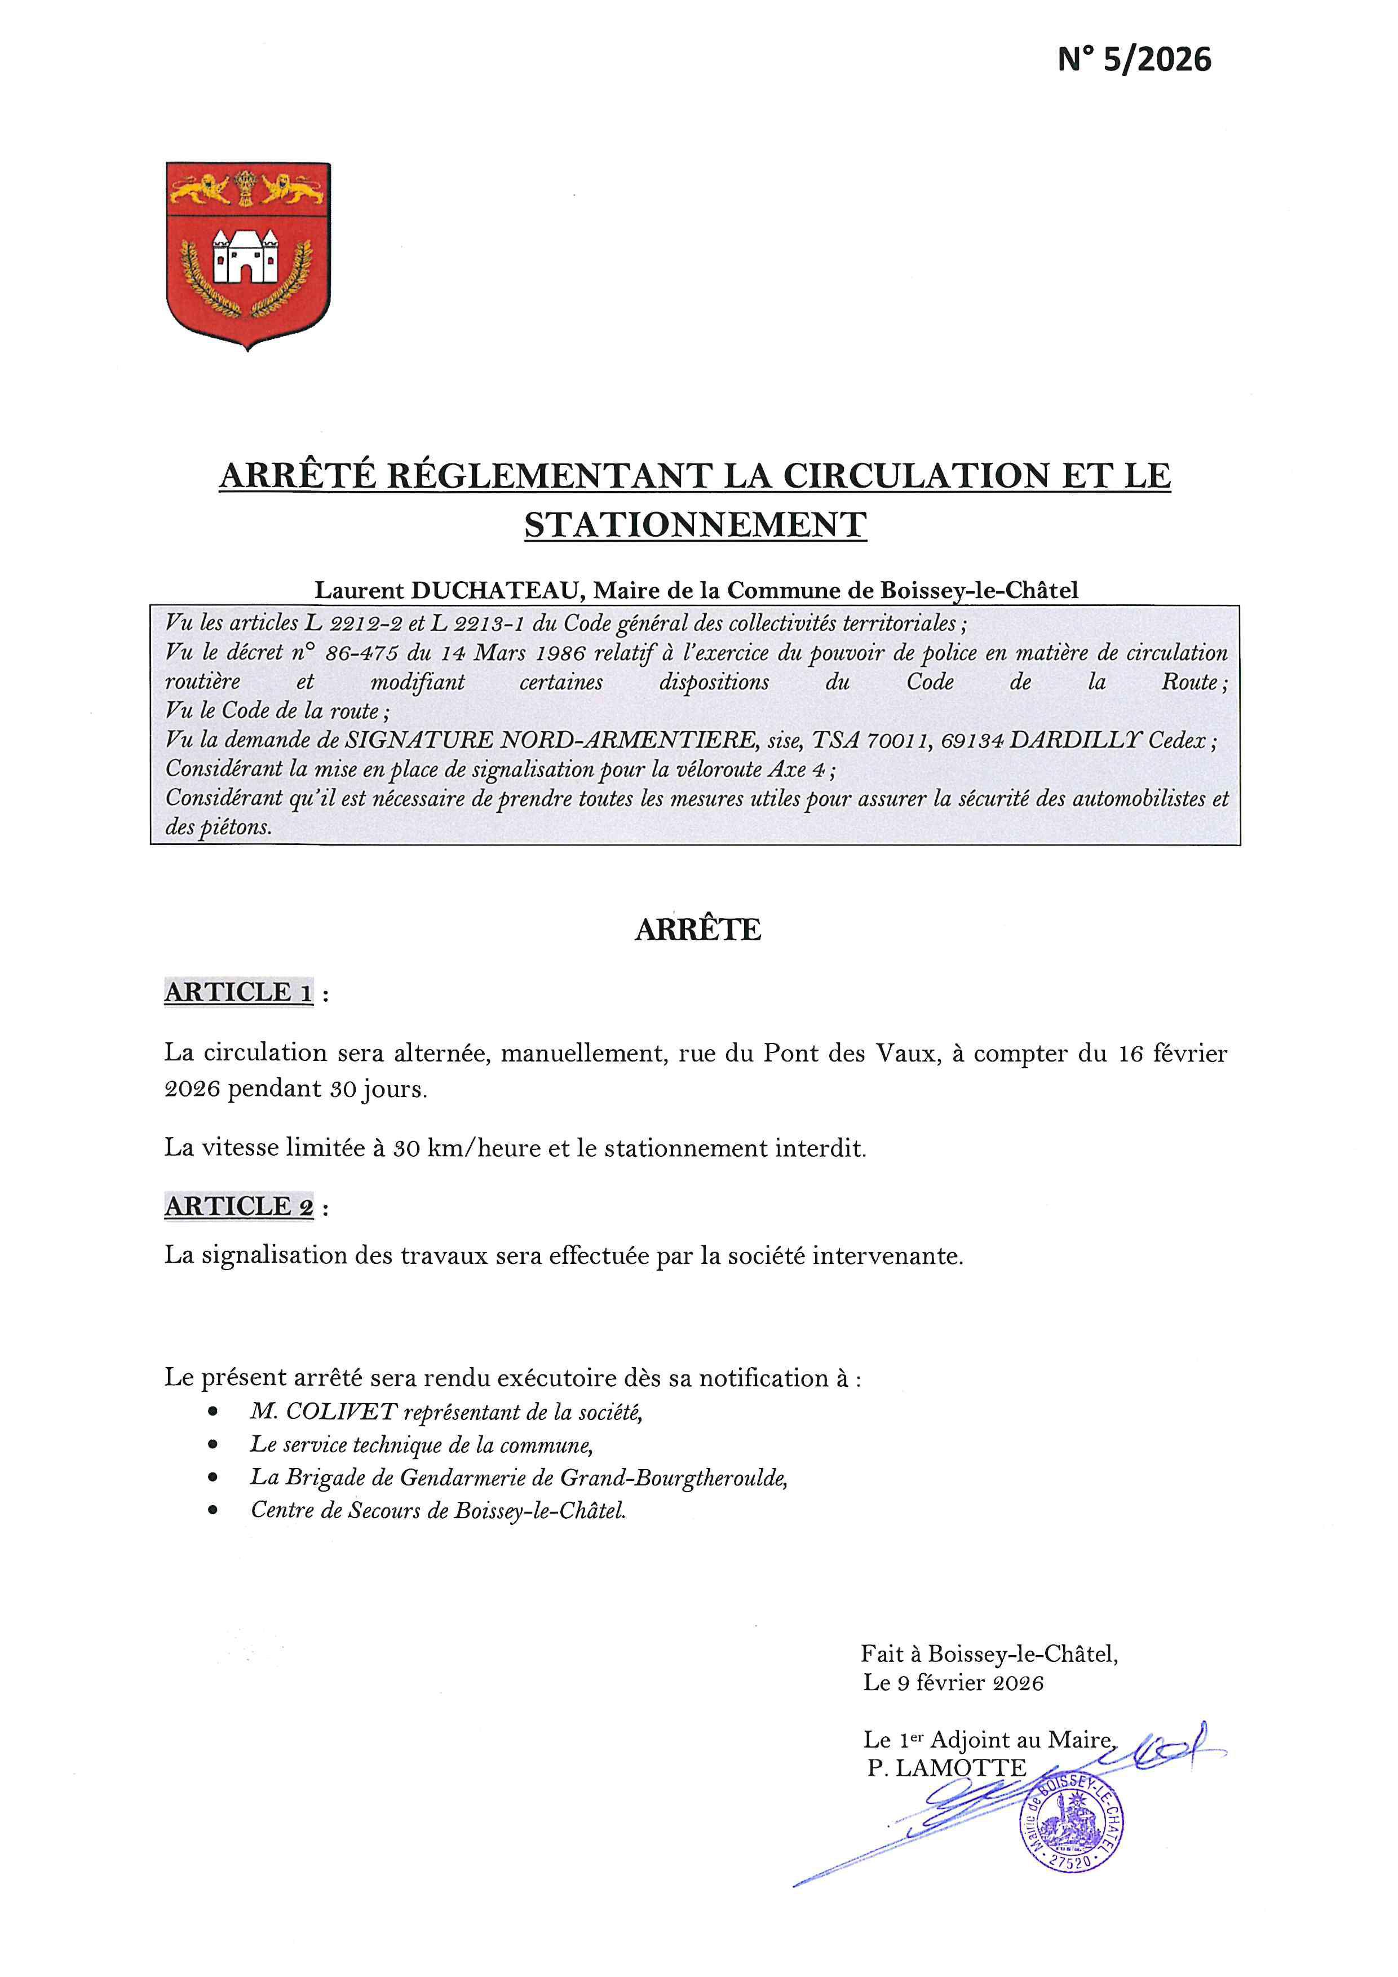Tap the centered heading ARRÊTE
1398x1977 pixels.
point(697,930)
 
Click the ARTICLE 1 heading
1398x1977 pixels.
point(238,992)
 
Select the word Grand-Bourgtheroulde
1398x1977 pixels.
point(673,1478)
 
